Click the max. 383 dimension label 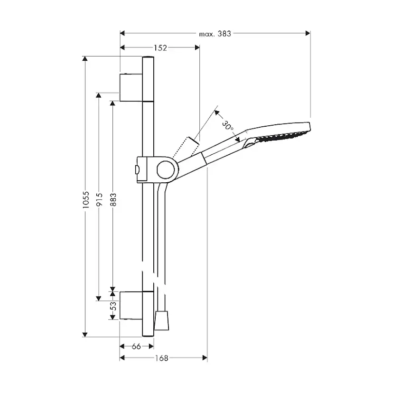point(215,33)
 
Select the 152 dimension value point(160,47)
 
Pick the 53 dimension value point(113,307)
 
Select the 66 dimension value point(136,346)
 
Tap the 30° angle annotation point(228,126)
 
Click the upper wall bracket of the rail point(131,87)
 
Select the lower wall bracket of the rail point(131,306)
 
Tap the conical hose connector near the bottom point(162,321)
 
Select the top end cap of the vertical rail point(148,58)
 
